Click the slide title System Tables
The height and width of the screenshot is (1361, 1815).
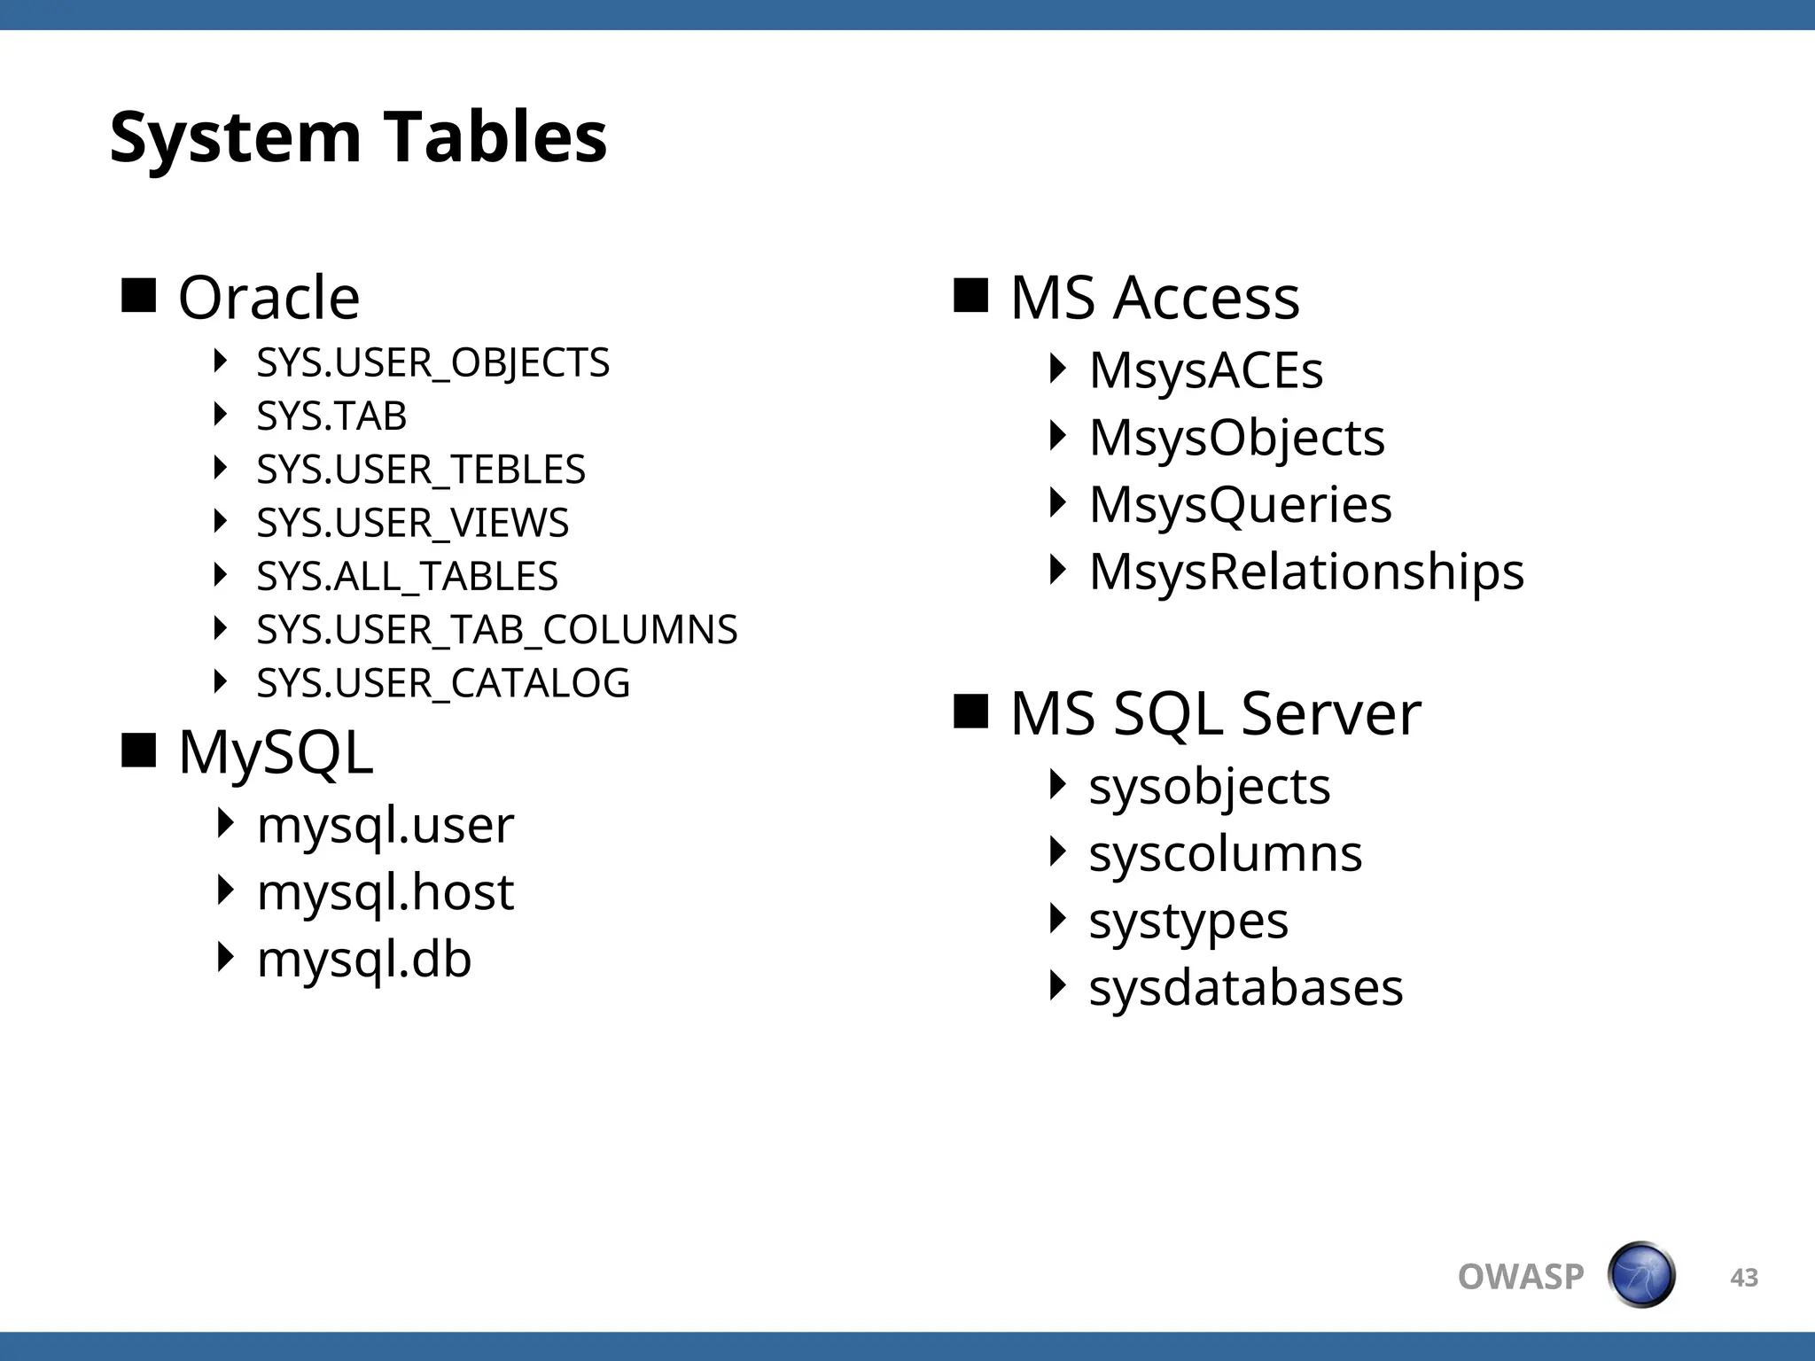coord(358,137)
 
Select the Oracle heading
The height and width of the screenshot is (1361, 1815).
coord(269,298)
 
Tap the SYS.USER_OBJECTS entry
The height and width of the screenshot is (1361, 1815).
coord(432,363)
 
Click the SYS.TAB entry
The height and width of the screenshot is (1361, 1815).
coord(331,416)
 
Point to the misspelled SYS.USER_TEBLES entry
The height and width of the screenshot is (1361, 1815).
coord(421,470)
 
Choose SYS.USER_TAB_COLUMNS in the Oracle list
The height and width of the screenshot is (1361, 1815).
coord(496,630)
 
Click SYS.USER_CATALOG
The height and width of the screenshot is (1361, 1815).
coord(443,683)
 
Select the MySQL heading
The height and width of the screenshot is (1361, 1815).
coord(276,753)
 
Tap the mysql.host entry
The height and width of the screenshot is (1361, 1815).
coord(385,892)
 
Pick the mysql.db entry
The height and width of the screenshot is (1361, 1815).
coord(363,960)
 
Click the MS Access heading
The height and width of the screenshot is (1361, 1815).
coord(1154,298)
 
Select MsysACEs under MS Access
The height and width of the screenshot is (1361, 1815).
coord(1205,370)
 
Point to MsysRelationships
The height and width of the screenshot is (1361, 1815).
coord(1306,572)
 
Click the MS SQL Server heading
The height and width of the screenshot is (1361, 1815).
coord(1215,713)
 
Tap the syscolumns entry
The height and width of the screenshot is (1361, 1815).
coord(1225,854)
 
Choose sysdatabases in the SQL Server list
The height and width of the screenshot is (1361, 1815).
coord(1245,988)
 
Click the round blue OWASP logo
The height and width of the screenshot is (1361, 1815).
coord(1641,1275)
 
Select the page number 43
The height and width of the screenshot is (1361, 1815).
coord(1743,1278)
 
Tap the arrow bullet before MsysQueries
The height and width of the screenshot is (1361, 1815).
coord(1056,502)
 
